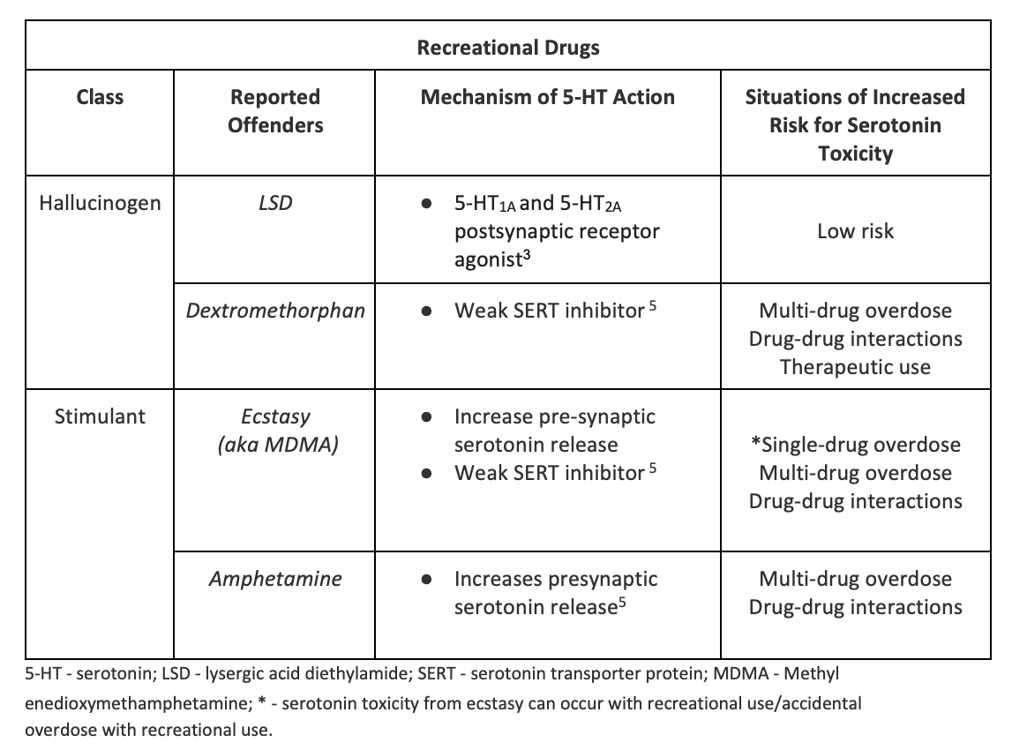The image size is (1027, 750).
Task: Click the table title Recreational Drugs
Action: pos(508,48)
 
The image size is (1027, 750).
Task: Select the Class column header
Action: pos(100,97)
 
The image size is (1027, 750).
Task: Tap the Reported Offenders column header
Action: pos(275,110)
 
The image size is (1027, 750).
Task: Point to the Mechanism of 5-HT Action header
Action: pos(548,97)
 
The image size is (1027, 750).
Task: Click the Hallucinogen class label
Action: pos(100,203)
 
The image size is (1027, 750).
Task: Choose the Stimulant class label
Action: pos(100,416)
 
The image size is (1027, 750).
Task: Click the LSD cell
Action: pos(275,203)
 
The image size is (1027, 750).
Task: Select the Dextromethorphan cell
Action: pos(275,311)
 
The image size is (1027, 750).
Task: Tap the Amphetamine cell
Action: pos(275,579)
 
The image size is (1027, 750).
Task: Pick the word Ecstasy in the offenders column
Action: pos(275,417)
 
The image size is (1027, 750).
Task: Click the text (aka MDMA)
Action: pos(278,445)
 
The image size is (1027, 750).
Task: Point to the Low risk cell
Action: pos(856,231)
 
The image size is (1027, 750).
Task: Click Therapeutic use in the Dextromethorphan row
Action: pos(856,367)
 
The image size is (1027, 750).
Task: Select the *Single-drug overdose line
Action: pos(856,445)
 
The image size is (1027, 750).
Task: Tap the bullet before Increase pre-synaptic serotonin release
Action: pos(426,417)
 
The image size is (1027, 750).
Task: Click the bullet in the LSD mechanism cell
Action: pos(426,204)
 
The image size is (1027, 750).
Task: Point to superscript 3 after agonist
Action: pos(527,254)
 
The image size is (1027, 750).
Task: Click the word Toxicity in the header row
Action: pos(856,154)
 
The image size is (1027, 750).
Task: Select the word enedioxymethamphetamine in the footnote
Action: pos(139,703)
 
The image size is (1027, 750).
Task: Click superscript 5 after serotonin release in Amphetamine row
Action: pos(622,601)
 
